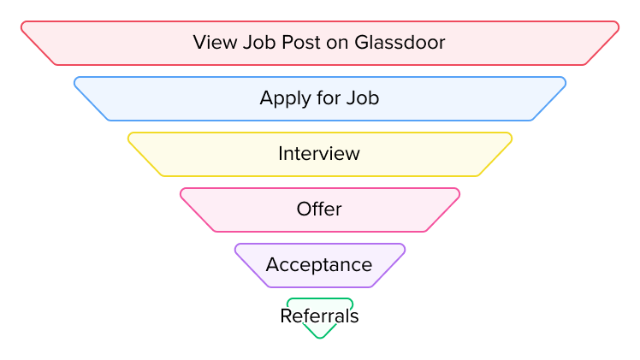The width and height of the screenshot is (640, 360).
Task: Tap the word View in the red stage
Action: [x=211, y=43]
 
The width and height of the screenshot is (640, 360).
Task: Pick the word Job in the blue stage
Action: [x=363, y=98]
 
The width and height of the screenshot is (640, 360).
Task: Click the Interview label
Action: [x=319, y=154]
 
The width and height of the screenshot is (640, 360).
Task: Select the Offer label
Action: [x=319, y=210]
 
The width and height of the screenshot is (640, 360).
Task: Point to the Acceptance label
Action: [x=319, y=265]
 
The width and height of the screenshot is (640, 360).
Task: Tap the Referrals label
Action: [x=319, y=316]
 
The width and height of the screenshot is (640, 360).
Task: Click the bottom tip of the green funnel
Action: [x=320, y=337]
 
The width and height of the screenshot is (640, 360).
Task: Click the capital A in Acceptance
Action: [x=272, y=265]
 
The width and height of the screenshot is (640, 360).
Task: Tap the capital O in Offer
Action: [x=303, y=210]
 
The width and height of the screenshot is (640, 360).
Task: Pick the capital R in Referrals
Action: [x=286, y=316]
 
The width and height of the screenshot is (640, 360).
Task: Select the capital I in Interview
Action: [x=281, y=154]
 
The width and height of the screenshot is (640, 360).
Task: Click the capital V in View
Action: [x=199, y=43]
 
